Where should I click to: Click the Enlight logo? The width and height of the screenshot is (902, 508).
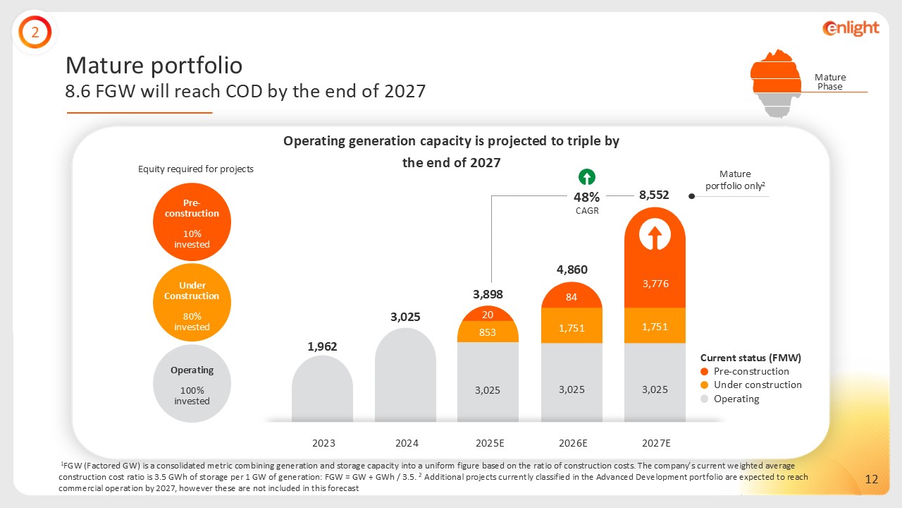click(x=851, y=28)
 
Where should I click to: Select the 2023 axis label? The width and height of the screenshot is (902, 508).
click(x=323, y=443)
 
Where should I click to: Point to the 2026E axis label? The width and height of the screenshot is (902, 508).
click(x=572, y=443)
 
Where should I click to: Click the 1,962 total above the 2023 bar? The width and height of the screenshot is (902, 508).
click(x=322, y=346)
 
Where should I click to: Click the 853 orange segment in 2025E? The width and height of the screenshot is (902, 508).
click(x=488, y=332)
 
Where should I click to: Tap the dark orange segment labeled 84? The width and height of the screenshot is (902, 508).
click(x=572, y=297)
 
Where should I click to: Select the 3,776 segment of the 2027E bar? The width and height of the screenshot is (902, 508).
click(x=655, y=284)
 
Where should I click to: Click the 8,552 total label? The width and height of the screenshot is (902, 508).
click(x=654, y=195)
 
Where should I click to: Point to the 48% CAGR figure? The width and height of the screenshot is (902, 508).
click(x=586, y=198)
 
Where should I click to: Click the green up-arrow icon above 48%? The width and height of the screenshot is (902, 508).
click(x=587, y=176)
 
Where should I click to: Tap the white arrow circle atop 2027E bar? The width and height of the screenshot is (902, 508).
click(x=655, y=235)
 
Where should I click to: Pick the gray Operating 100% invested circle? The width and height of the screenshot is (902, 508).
click(x=192, y=383)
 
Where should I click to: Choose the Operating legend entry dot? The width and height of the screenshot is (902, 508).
click(x=705, y=399)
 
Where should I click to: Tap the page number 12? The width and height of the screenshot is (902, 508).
click(x=872, y=480)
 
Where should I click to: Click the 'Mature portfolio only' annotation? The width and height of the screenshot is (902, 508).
click(x=735, y=180)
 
